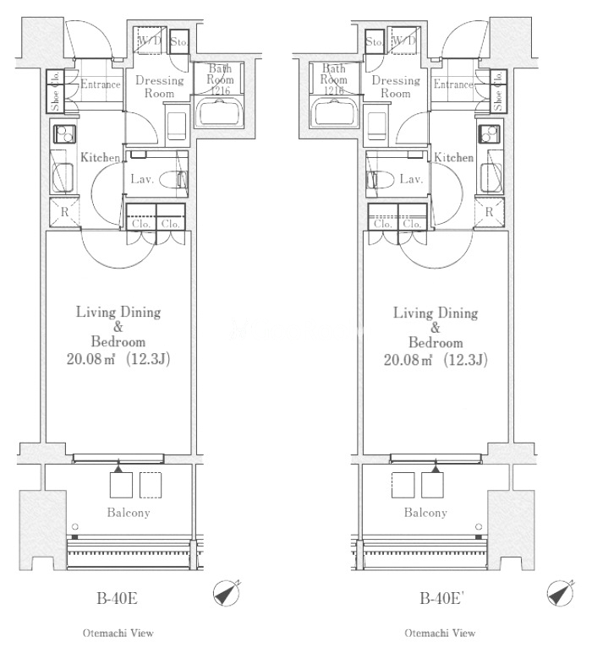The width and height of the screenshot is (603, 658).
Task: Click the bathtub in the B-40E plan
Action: click(x=218, y=111)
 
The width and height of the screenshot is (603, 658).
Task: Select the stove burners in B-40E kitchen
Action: click(x=64, y=134)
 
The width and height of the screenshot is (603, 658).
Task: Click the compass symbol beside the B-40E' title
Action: click(x=561, y=594)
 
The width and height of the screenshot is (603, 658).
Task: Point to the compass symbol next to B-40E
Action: click(x=227, y=593)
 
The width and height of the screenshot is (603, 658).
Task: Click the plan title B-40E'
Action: click(x=441, y=598)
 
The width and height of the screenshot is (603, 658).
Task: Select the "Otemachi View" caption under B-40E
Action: click(x=118, y=633)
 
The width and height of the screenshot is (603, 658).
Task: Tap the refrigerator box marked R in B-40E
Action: click(x=64, y=212)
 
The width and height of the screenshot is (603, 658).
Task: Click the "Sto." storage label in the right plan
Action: click(x=374, y=42)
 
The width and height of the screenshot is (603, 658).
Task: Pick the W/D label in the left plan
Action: click(x=150, y=41)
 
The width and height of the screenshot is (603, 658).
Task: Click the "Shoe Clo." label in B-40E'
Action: click(x=498, y=91)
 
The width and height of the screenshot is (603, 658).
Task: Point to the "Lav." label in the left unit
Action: click(x=142, y=180)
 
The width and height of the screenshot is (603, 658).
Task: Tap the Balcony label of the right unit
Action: click(x=425, y=513)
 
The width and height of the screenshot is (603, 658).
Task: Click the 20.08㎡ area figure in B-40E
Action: click(x=90, y=359)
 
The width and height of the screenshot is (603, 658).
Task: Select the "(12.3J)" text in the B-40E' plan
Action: click(x=466, y=360)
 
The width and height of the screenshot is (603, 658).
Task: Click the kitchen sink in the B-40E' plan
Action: click(x=491, y=177)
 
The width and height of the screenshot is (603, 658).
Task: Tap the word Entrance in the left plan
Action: click(x=101, y=84)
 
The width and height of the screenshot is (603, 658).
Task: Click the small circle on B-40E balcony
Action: click(x=74, y=526)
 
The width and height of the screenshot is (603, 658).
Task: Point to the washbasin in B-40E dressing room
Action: click(x=177, y=125)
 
